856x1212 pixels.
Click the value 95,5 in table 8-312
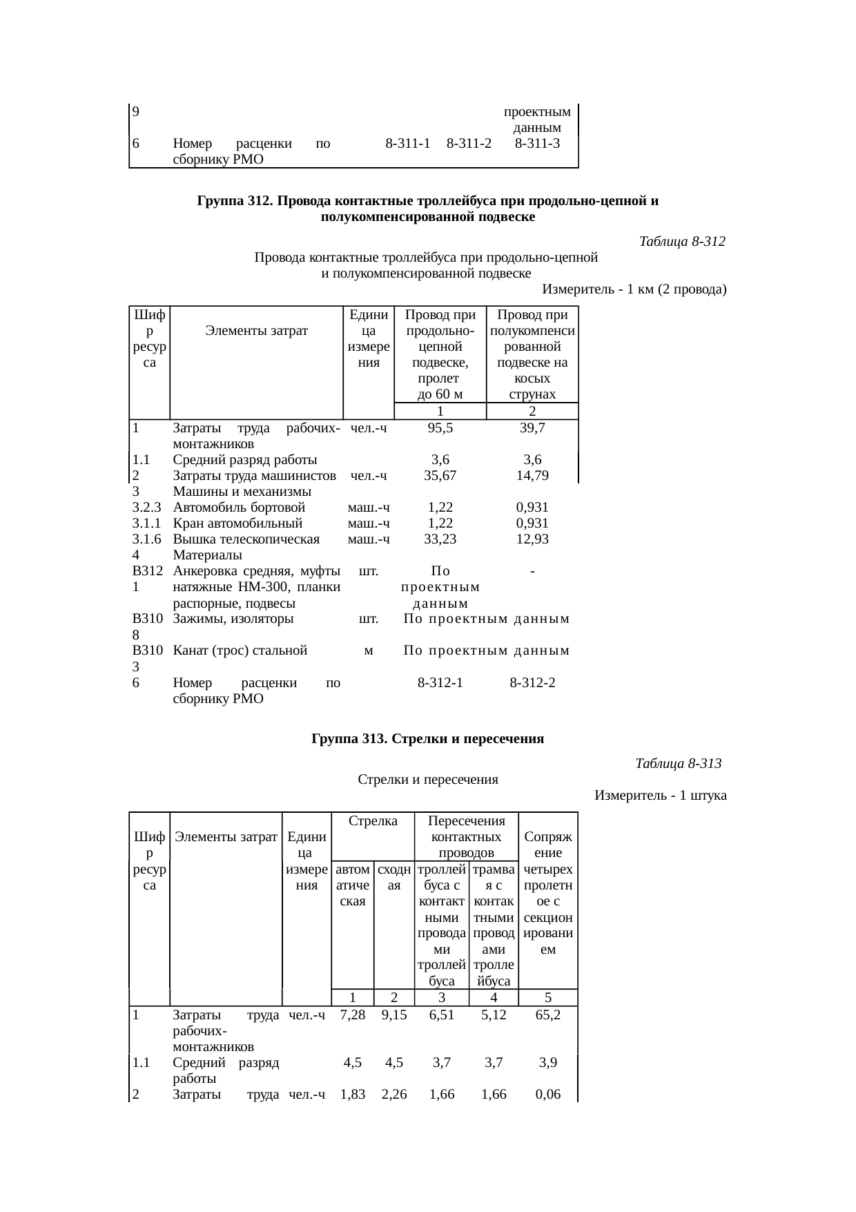pyautogui.click(x=440, y=428)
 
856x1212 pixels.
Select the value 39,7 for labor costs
pyautogui.click(x=532, y=428)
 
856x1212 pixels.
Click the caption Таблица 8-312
pyautogui.click(x=682, y=242)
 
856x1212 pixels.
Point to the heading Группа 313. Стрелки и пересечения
pyautogui.click(x=427, y=739)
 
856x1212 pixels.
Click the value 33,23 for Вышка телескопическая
pyautogui.click(x=440, y=539)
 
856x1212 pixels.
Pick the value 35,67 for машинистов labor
pyautogui.click(x=440, y=476)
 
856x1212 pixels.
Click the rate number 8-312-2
pyautogui.click(x=532, y=683)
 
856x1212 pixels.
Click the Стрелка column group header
pyautogui.click(x=373, y=821)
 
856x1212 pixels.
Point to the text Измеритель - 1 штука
pyautogui.click(x=660, y=796)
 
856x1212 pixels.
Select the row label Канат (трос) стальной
pyautogui.click(x=240, y=651)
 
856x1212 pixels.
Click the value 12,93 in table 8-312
pyautogui.click(x=532, y=539)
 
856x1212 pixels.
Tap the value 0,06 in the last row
pyautogui.click(x=547, y=1095)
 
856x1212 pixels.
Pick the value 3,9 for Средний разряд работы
pyautogui.click(x=547, y=1063)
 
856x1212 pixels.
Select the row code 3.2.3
pyautogui.click(x=146, y=508)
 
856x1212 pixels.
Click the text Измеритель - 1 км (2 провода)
pyautogui.click(x=634, y=289)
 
